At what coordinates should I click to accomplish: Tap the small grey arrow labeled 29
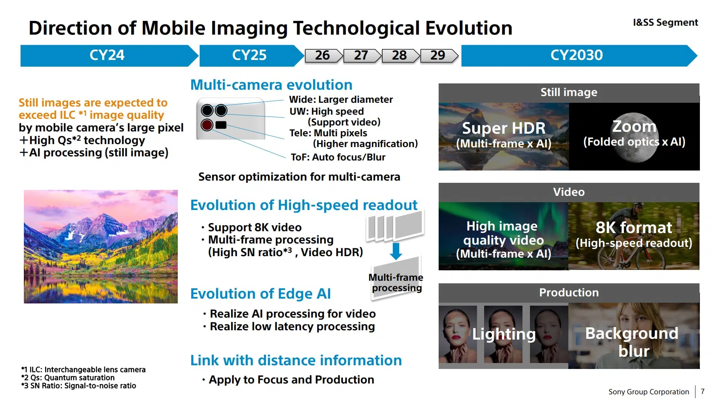439,55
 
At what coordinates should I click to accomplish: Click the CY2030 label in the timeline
577,55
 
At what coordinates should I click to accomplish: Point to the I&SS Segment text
665,22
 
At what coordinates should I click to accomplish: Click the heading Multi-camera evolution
271,85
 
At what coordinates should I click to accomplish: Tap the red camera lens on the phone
207,125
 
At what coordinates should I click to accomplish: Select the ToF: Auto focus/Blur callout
338,157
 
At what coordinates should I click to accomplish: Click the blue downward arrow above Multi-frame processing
396,251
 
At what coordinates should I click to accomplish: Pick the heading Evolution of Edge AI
261,294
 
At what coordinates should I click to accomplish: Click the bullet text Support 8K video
255,227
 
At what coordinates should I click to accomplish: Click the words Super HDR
503,128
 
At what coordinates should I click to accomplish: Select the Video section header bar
569,192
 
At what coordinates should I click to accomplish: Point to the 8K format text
634,227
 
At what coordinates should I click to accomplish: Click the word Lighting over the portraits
504,334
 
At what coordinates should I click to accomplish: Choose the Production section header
569,293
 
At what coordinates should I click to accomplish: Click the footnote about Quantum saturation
68,378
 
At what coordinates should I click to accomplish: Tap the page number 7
703,391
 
